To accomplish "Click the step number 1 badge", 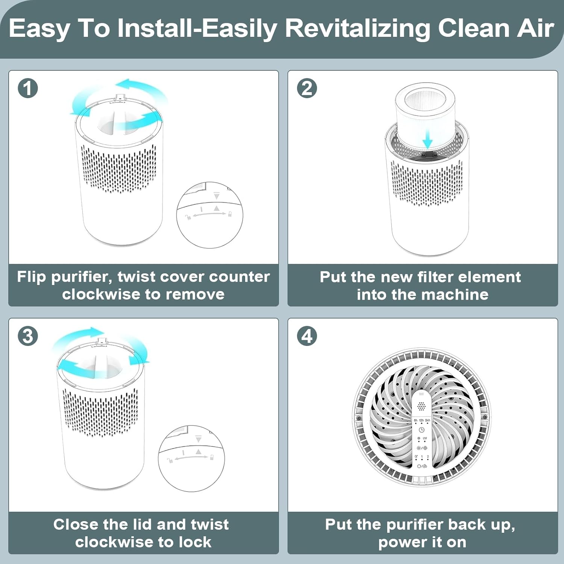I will tap(28, 88).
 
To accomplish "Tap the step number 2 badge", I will tap(307, 88).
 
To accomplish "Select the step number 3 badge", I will tap(28, 336).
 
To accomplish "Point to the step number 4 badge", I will tap(307, 336).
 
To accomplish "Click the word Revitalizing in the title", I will tap(358, 29).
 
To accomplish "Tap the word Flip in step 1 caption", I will tap(32, 277).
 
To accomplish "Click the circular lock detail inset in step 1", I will tap(209, 215).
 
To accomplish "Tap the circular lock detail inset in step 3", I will tap(191, 458).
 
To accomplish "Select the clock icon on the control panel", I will tap(421, 430).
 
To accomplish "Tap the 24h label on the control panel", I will tap(428, 420).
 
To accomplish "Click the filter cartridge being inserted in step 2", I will tap(425, 113).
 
